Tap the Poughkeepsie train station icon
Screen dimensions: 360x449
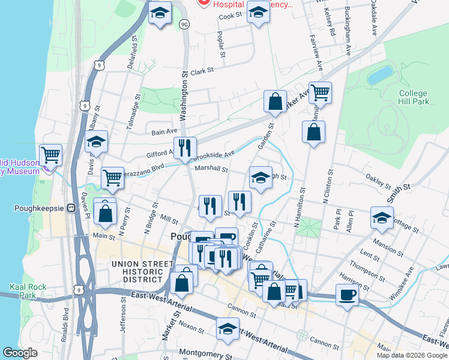(x=71, y=208)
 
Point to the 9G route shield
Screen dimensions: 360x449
(x=184, y=24)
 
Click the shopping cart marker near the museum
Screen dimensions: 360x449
(x=50, y=155)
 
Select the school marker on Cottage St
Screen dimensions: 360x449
(x=382, y=218)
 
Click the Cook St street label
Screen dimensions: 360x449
(x=230, y=16)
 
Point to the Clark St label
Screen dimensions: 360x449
(x=202, y=71)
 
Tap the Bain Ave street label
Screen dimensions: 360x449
(x=164, y=131)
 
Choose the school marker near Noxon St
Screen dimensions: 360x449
(x=228, y=329)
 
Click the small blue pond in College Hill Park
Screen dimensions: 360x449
(x=379, y=75)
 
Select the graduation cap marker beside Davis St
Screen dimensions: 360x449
(x=95, y=142)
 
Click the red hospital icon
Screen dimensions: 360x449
(x=203, y=3)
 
